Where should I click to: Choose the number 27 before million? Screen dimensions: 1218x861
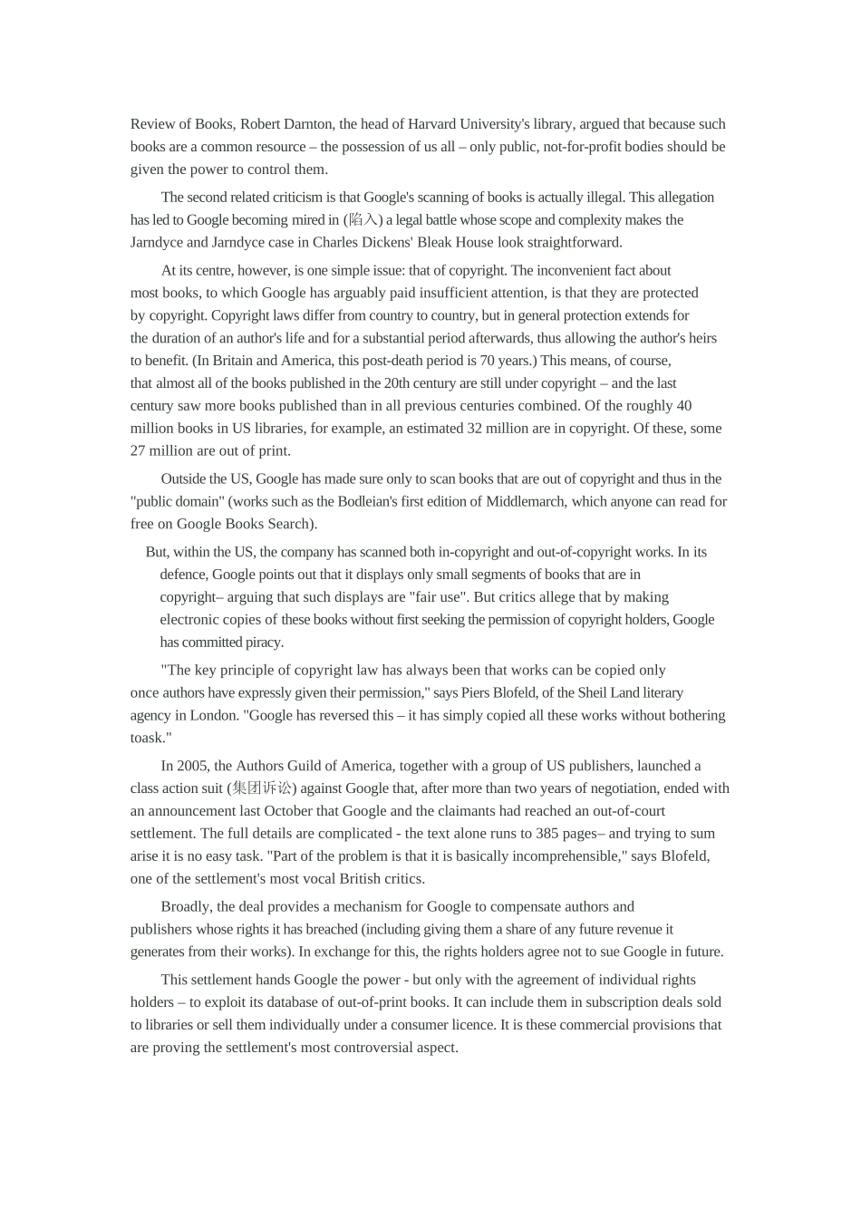coord(139,451)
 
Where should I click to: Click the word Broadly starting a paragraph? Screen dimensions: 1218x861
coord(187,907)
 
